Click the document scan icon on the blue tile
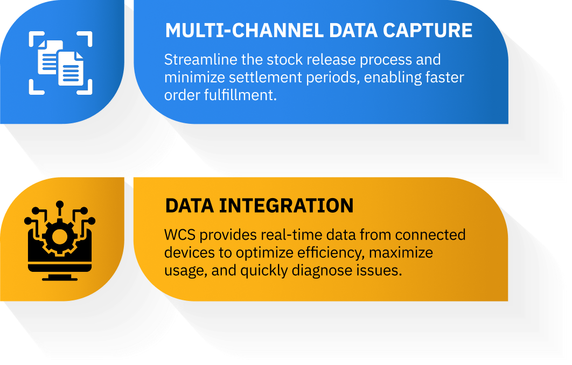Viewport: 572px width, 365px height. click(60, 62)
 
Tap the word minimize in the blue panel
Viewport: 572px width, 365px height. click(194, 78)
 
